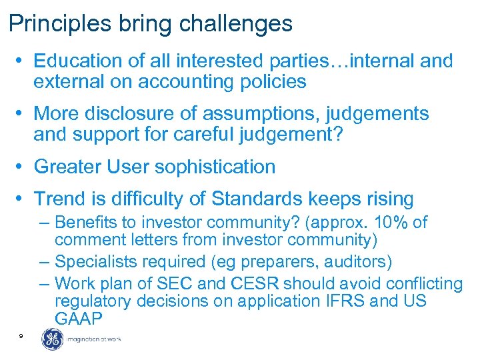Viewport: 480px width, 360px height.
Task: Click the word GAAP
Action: (x=79, y=319)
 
